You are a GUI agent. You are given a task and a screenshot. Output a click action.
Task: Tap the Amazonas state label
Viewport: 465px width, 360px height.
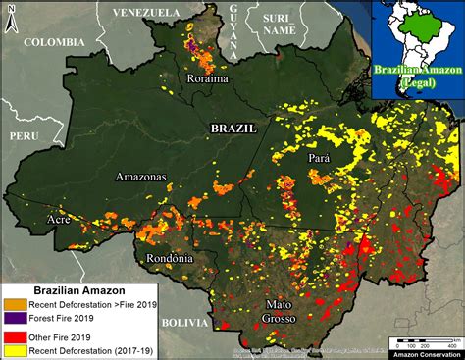[x=141, y=178]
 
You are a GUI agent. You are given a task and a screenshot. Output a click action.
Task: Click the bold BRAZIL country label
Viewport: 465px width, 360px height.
[x=233, y=129]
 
